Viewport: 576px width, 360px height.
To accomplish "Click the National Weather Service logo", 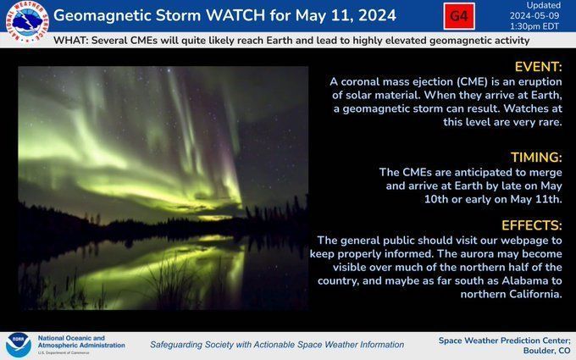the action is [x=27, y=21].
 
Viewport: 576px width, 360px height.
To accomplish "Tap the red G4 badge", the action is [x=459, y=16].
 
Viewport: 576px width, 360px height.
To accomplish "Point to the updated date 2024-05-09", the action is [x=534, y=16].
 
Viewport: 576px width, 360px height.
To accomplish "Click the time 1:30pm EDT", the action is [x=534, y=26].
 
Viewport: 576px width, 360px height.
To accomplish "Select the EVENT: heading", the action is [x=538, y=67].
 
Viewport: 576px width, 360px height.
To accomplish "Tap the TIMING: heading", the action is [x=536, y=158].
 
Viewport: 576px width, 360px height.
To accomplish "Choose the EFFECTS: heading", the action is [x=532, y=225].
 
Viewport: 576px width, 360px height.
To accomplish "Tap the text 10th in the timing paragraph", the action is [x=436, y=199].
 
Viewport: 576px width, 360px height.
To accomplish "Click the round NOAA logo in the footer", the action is [x=18, y=346].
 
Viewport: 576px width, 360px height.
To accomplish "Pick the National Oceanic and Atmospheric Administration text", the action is [x=81, y=341].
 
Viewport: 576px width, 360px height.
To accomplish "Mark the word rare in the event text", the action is [x=550, y=122].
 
